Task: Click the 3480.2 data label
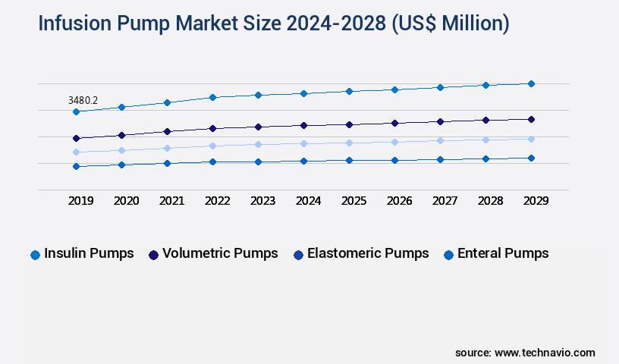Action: click(x=83, y=99)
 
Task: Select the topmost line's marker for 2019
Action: click(x=76, y=111)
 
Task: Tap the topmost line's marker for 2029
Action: click(x=531, y=83)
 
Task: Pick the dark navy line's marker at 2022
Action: click(x=212, y=128)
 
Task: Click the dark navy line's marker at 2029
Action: click(x=531, y=119)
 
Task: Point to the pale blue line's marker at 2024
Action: click(x=303, y=143)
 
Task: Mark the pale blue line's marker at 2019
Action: click(x=76, y=152)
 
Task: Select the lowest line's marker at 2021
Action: click(x=167, y=163)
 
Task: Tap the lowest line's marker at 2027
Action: click(x=440, y=159)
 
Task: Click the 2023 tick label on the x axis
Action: click(x=262, y=201)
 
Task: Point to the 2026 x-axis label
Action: click(x=399, y=201)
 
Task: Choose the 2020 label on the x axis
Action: click(x=126, y=201)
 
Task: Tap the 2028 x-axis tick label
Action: click(x=490, y=201)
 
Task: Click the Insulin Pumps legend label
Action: click(x=89, y=253)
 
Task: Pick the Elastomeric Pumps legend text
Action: click(x=368, y=253)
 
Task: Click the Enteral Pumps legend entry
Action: click(x=503, y=253)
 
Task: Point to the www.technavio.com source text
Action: click(x=545, y=353)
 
